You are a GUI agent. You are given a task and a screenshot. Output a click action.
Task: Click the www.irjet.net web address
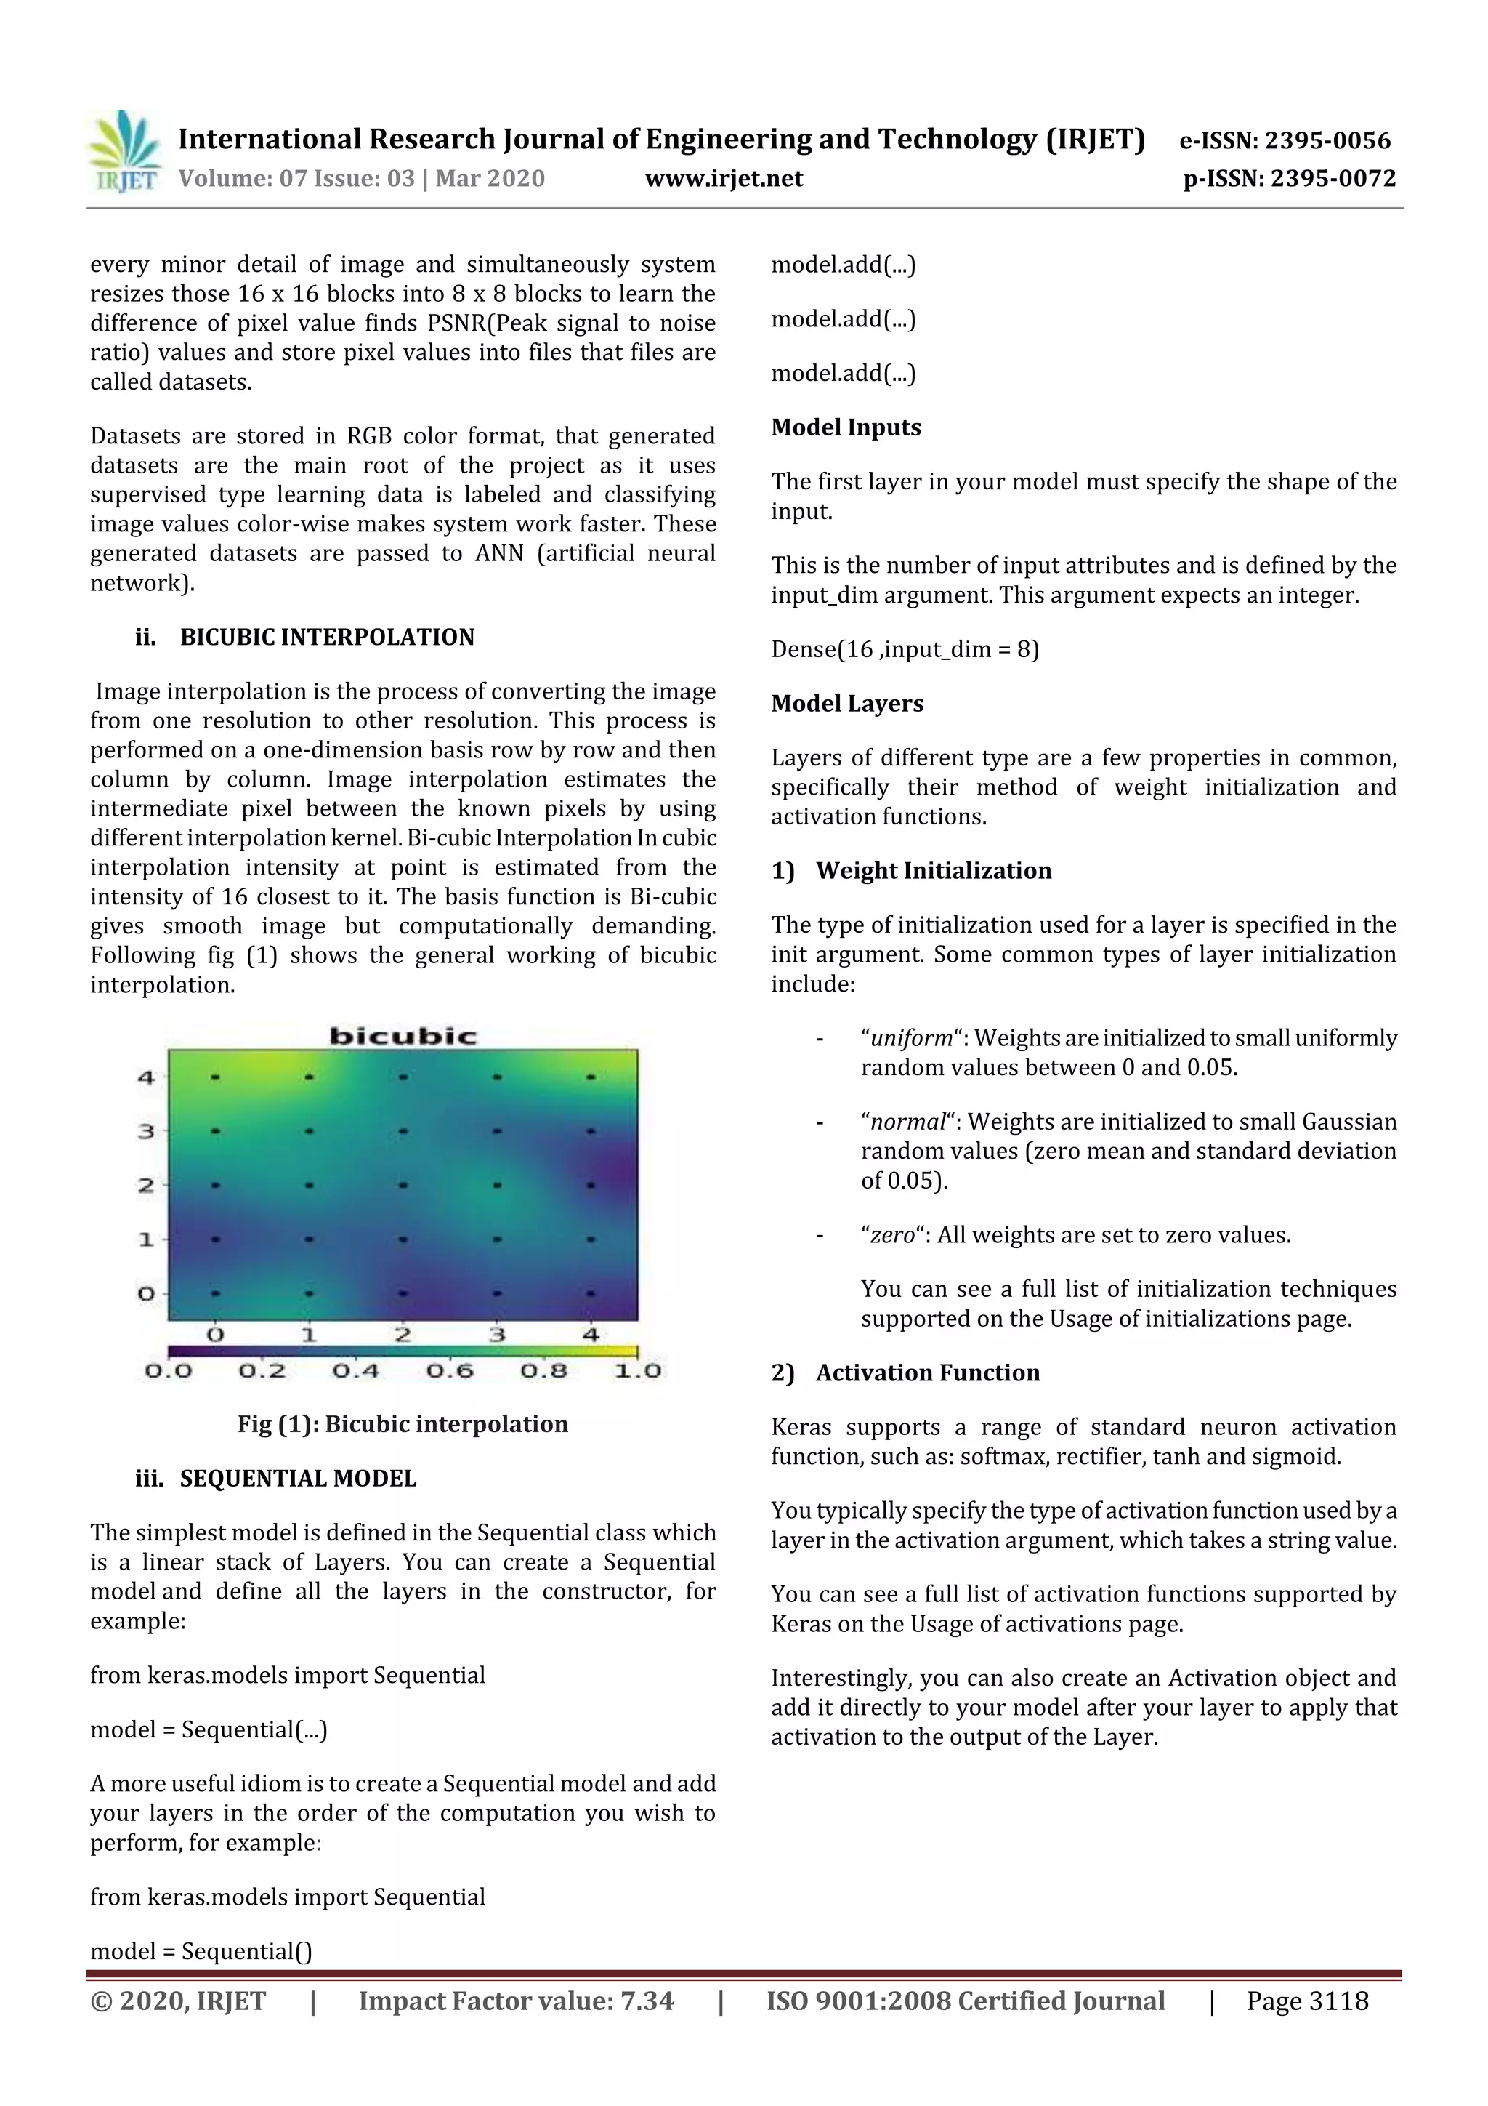[x=724, y=178]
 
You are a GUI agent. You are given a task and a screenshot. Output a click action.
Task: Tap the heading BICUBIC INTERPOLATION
[x=326, y=637]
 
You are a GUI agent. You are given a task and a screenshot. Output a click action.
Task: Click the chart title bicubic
[x=403, y=1036]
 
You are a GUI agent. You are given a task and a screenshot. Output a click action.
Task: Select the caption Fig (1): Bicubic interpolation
[x=403, y=1423]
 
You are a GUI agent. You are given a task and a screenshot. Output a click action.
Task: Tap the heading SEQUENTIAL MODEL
[x=298, y=1478]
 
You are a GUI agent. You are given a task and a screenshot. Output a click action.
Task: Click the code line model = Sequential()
[x=201, y=1950]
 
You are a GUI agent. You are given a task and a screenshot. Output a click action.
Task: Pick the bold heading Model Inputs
[x=845, y=427]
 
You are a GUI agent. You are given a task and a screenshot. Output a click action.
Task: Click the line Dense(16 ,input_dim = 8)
[x=904, y=648]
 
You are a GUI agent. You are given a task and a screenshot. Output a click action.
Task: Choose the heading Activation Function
[x=927, y=1372]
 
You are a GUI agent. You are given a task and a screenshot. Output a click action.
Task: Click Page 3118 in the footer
[x=1306, y=2001]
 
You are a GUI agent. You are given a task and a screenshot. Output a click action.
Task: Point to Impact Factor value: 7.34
[x=515, y=2001]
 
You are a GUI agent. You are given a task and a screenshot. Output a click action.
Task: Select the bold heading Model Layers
[x=846, y=703]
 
